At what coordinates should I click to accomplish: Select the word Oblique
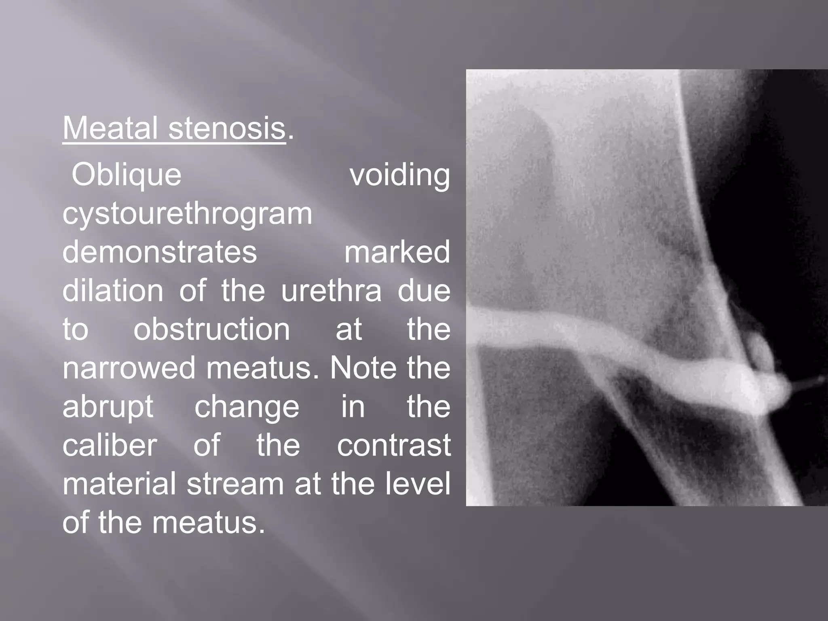tap(126, 175)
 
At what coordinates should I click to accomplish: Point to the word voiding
tap(399, 175)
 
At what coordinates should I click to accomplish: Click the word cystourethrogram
tap(187, 214)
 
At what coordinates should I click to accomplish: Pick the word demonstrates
tap(159, 252)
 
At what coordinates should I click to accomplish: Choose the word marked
tap(397, 252)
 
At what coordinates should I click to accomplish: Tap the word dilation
tap(113, 291)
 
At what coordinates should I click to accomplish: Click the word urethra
tap(331, 291)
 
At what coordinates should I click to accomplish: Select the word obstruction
tap(211, 330)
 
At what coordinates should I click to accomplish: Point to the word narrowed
tap(129, 368)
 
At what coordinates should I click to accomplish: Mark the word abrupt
tap(108, 407)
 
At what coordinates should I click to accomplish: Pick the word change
tap(247, 407)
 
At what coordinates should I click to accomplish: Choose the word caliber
tap(109, 445)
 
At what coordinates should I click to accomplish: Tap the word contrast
tap(393, 445)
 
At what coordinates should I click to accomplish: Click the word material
tap(119, 484)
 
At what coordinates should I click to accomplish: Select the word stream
tap(235, 484)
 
